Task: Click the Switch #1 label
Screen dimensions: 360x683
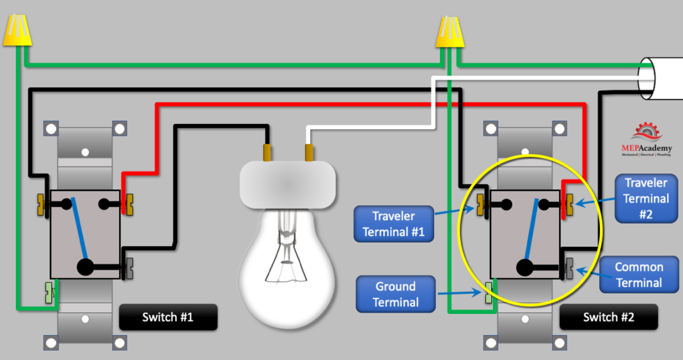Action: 168,317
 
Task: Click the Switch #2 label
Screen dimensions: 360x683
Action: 608,317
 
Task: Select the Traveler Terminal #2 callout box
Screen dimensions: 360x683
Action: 646,198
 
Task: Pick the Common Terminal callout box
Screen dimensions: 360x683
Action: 638,275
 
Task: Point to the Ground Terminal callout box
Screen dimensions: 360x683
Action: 395,294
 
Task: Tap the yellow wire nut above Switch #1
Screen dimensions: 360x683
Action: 17,31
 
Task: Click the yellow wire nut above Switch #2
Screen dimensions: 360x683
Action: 449,31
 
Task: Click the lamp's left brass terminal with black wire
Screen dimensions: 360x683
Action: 267,152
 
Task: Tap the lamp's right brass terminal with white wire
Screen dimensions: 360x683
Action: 309,152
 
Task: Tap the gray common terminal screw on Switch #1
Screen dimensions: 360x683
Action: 129,267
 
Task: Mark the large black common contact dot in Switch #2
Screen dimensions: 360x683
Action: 525,267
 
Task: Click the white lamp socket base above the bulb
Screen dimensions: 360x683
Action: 287,184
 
